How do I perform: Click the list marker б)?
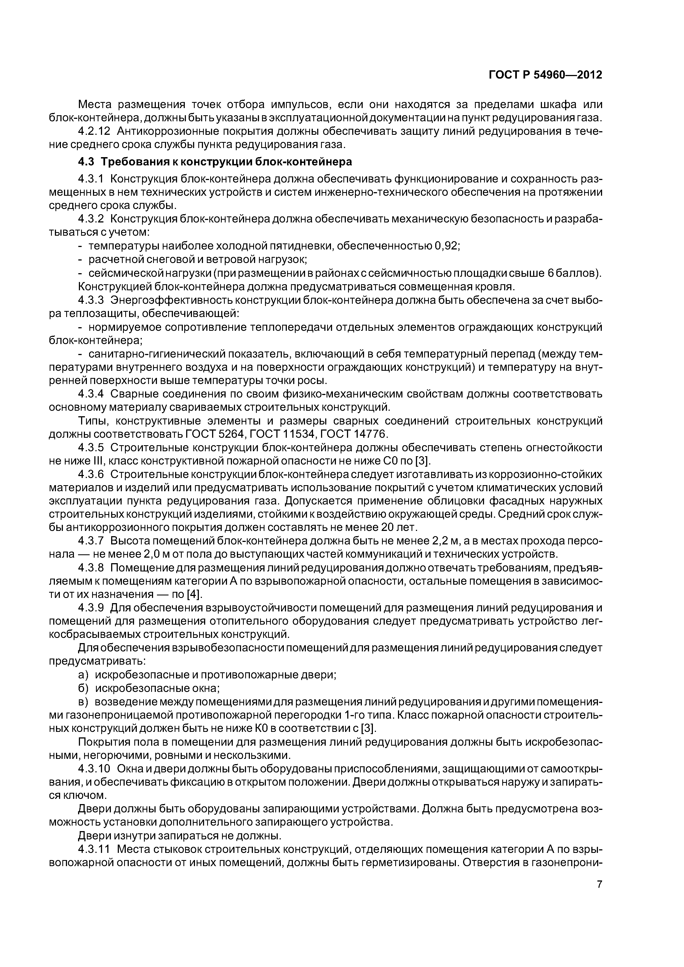point(84,689)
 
